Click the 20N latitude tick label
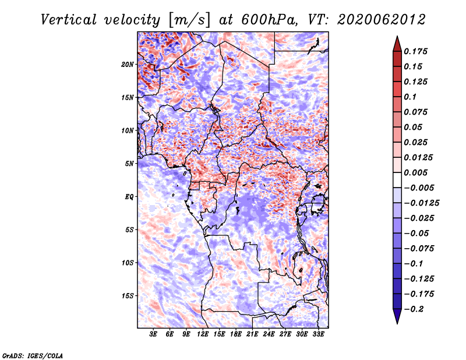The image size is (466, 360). (x=128, y=65)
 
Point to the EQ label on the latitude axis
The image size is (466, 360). (x=129, y=197)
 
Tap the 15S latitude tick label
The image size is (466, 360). (x=128, y=296)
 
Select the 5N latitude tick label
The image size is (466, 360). (x=129, y=164)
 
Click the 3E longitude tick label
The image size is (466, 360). (x=153, y=334)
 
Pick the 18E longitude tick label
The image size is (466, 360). (x=236, y=334)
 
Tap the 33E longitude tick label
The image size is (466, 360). (x=318, y=334)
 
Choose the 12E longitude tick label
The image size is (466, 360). (x=203, y=334)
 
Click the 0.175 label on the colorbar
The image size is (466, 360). (x=416, y=51)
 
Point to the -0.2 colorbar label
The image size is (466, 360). (x=414, y=309)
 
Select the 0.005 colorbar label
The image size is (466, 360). (x=416, y=172)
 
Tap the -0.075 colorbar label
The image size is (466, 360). (x=419, y=249)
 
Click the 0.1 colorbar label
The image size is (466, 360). (x=410, y=97)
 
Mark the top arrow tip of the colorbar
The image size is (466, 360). (x=397, y=36)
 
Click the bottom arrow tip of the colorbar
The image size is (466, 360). (x=397, y=324)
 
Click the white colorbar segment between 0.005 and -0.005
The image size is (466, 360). (x=397, y=180)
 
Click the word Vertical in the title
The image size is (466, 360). (x=69, y=20)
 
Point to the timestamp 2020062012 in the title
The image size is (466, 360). (x=382, y=20)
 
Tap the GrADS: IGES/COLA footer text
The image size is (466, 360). (x=33, y=356)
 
